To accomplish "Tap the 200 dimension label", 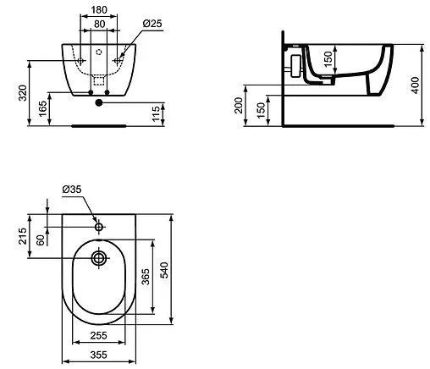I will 240,107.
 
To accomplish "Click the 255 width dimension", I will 98,335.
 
